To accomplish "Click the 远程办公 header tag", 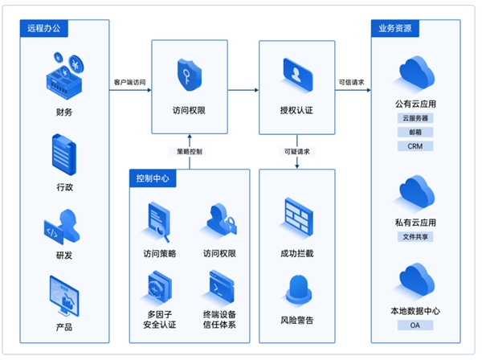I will click(x=43, y=28).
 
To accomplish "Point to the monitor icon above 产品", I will click(x=64, y=296).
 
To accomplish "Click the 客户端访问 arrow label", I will click(x=130, y=82).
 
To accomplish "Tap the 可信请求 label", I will click(x=351, y=82).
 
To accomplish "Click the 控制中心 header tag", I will click(x=153, y=178).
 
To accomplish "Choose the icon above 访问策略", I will click(x=159, y=222).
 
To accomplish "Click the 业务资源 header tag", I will click(x=395, y=28).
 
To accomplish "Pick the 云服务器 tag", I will click(x=415, y=118).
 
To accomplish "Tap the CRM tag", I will click(x=415, y=146).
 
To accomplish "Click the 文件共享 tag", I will click(x=415, y=237).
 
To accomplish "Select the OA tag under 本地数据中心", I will click(x=415, y=325).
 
